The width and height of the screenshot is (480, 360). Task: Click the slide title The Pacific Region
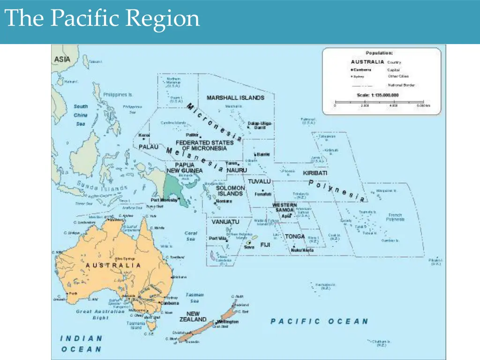click(x=102, y=19)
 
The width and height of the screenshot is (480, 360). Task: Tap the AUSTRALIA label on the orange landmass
click(x=113, y=265)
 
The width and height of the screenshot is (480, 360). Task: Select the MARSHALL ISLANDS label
click(x=235, y=98)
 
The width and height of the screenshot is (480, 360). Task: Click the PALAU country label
click(x=149, y=147)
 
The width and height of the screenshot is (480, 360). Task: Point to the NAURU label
click(x=237, y=170)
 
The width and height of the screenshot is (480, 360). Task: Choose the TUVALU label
click(x=259, y=181)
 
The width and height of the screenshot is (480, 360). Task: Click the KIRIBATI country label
click(x=315, y=173)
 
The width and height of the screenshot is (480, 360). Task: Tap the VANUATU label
click(x=225, y=222)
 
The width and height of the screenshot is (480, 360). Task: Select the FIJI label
click(x=265, y=245)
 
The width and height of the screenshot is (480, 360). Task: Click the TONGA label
click(x=295, y=237)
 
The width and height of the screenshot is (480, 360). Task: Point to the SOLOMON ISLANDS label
click(x=230, y=191)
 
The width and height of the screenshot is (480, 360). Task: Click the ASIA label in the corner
click(x=62, y=60)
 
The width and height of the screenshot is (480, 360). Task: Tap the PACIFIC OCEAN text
click(x=319, y=322)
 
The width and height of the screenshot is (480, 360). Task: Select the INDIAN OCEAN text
click(x=81, y=344)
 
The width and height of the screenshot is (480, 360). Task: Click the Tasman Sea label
click(x=195, y=298)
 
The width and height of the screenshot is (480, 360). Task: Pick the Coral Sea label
click(x=191, y=236)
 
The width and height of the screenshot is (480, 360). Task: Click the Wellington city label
click(x=228, y=322)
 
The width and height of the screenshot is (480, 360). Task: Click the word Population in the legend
click(x=379, y=53)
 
